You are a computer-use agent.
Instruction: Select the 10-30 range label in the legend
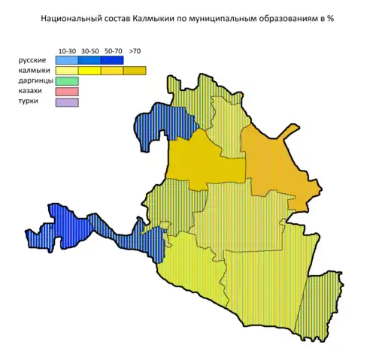tap(66, 50)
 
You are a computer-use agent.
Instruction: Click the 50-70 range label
tap(113, 50)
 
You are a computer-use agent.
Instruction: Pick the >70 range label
tap(135, 50)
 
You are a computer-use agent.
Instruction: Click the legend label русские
tap(33, 59)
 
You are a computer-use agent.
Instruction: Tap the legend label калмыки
tap(34, 70)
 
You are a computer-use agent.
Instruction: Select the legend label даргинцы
tap(37, 80)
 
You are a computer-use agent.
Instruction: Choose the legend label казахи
tap(32, 90)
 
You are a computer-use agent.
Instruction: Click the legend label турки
tap(31, 101)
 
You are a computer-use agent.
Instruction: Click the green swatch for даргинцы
tap(67, 81)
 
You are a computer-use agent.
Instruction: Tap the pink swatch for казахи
tap(67, 92)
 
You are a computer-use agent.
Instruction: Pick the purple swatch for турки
tap(67, 102)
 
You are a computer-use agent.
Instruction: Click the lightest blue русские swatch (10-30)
tap(67, 60)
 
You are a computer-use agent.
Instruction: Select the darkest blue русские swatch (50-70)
tap(112, 60)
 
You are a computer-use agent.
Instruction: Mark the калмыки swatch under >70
tap(135, 71)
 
